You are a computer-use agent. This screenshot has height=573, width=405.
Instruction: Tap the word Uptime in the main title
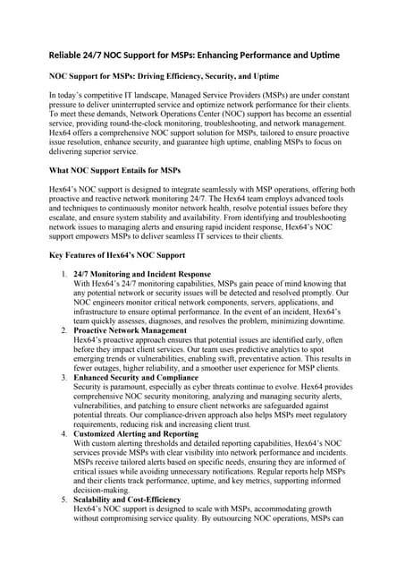[321, 56]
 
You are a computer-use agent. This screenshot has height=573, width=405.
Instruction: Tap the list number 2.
[63, 356]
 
